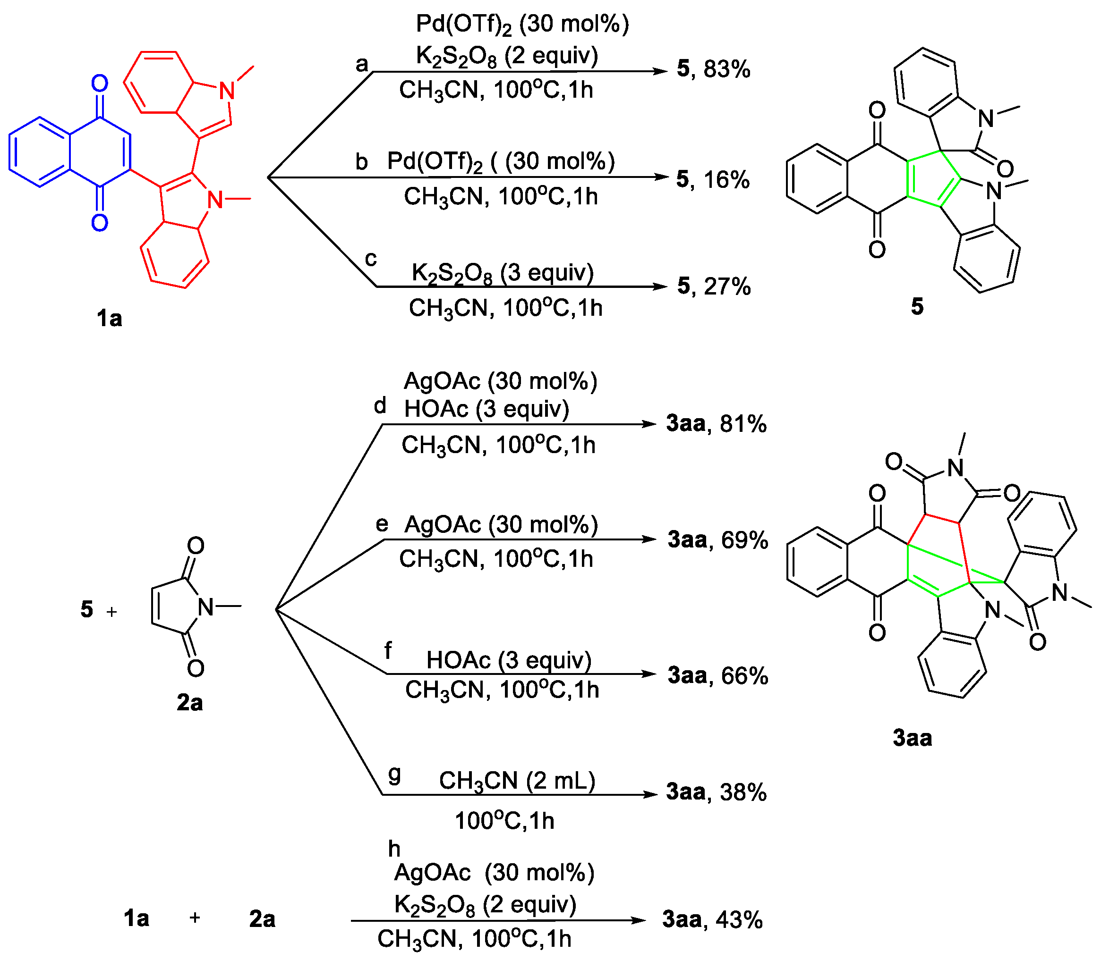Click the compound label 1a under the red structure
click(x=110, y=319)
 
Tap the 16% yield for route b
click(x=726, y=179)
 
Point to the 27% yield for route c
click(x=727, y=286)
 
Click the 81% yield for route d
click(x=743, y=424)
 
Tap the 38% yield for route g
click(x=743, y=792)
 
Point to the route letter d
click(x=380, y=406)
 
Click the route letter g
click(x=394, y=774)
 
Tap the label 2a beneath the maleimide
click(x=190, y=703)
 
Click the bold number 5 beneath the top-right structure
click(x=917, y=306)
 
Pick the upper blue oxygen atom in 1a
click(x=100, y=84)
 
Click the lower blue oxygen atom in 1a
click(x=100, y=223)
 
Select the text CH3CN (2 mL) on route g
click(x=517, y=781)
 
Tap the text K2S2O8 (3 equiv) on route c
click(x=502, y=273)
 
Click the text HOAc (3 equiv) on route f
click(x=508, y=660)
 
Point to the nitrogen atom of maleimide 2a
click(x=206, y=607)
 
